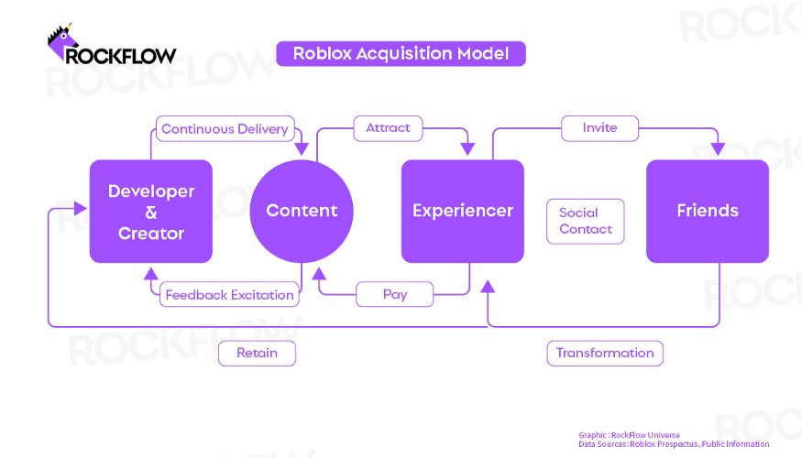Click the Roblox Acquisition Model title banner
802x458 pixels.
(x=401, y=54)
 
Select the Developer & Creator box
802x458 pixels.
(x=151, y=211)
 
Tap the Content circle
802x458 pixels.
(x=302, y=211)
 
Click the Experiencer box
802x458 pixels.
(x=462, y=211)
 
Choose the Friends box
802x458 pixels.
(x=708, y=211)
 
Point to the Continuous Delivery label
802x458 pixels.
(x=225, y=129)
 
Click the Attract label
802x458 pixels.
(x=389, y=128)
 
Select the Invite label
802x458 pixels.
(x=600, y=128)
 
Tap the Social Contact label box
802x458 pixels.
(x=585, y=221)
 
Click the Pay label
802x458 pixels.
(x=395, y=294)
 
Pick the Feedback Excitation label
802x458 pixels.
(x=229, y=294)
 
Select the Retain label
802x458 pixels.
(x=257, y=354)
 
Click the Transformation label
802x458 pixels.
(x=605, y=354)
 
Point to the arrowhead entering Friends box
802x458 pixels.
(x=718, y=148)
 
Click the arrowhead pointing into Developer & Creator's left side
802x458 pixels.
(x=81, y=208)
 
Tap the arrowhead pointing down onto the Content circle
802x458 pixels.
(x=302, y=148)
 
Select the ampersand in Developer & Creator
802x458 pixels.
(x=151, y=213)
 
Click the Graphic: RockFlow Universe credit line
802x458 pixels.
(x=629, y=435)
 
